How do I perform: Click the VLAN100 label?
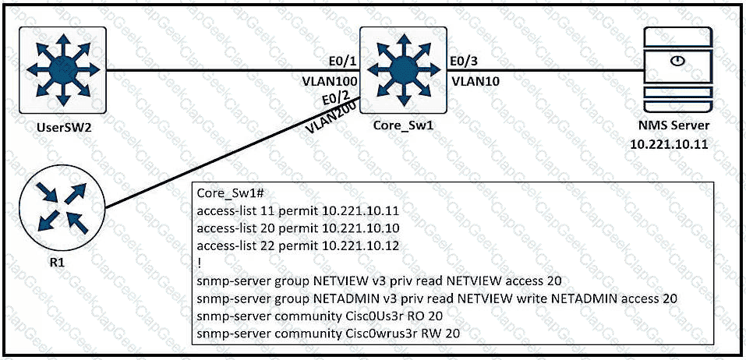[x=331, y=80]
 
